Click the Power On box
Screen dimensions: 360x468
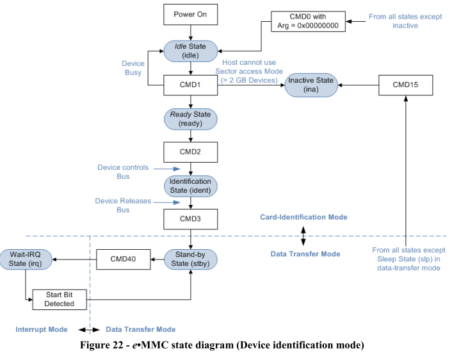(x=191, y=14)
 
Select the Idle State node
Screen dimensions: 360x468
(x=191, y=51)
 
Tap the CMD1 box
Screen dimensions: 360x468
(x=191, y=85)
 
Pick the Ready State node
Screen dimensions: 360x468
(x=191, y=119)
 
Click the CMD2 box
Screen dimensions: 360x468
(x=191, y=152)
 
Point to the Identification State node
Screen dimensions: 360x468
(x=191, y=186)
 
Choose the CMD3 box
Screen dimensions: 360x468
(x=191, y=220)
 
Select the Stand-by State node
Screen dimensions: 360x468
(x=191, y=259)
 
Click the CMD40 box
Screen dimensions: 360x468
(x=123, y=259)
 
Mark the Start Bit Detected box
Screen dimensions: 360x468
(x=60, y=299)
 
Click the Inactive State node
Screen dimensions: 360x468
(x=311, y=85)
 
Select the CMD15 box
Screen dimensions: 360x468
(x=405, y=85)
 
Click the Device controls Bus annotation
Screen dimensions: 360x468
(x=123, y=172)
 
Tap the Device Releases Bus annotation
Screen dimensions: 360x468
(x=123, y=205)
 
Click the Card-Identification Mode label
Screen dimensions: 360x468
(x=303, y=217)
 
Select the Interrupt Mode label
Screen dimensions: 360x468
(x=41, y=329)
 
